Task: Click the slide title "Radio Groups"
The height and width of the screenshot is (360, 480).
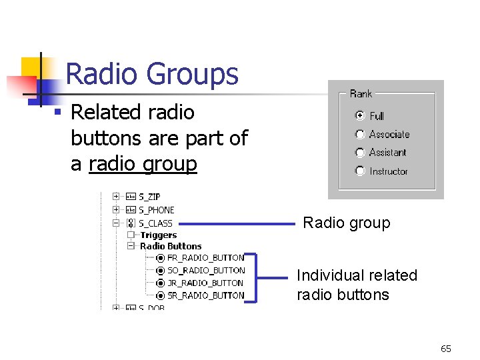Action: [x=152, y=73]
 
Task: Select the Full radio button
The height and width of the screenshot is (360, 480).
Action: [x=360, y=115]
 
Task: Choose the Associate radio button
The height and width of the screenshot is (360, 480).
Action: [x=360, y=134]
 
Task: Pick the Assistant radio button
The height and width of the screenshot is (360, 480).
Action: [x=360, y=152]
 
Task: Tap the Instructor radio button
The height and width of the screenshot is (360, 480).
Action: [x=360, y=171]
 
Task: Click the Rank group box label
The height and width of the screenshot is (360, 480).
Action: [x=361, y=94]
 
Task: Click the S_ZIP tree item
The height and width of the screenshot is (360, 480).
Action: [x=149, y=197]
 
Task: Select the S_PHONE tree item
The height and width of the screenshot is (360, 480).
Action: [x=156, y=210]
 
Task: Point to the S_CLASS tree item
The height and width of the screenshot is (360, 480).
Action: [x=155, y=223]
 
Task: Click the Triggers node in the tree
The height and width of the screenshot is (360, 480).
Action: [x=158, y=235]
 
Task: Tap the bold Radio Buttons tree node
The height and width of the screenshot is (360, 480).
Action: [x=170, y=246]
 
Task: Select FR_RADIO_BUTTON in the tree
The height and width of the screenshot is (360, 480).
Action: [x=205, y=257]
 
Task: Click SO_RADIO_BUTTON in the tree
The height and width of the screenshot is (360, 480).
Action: [x=205, y=270]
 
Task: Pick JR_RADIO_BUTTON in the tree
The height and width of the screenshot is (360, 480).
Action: [x=205, y=283]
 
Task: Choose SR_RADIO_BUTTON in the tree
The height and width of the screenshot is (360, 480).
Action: [x=205, y=295]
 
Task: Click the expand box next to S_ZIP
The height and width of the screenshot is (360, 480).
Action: [x=116, y=197]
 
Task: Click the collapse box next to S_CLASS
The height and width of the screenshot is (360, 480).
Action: [x=116, y=223]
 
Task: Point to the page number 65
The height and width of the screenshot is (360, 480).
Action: [x=446, y=349]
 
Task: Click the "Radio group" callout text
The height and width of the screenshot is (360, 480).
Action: [x=347, y=223]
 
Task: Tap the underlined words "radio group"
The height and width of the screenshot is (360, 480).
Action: [x=143, y=163]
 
